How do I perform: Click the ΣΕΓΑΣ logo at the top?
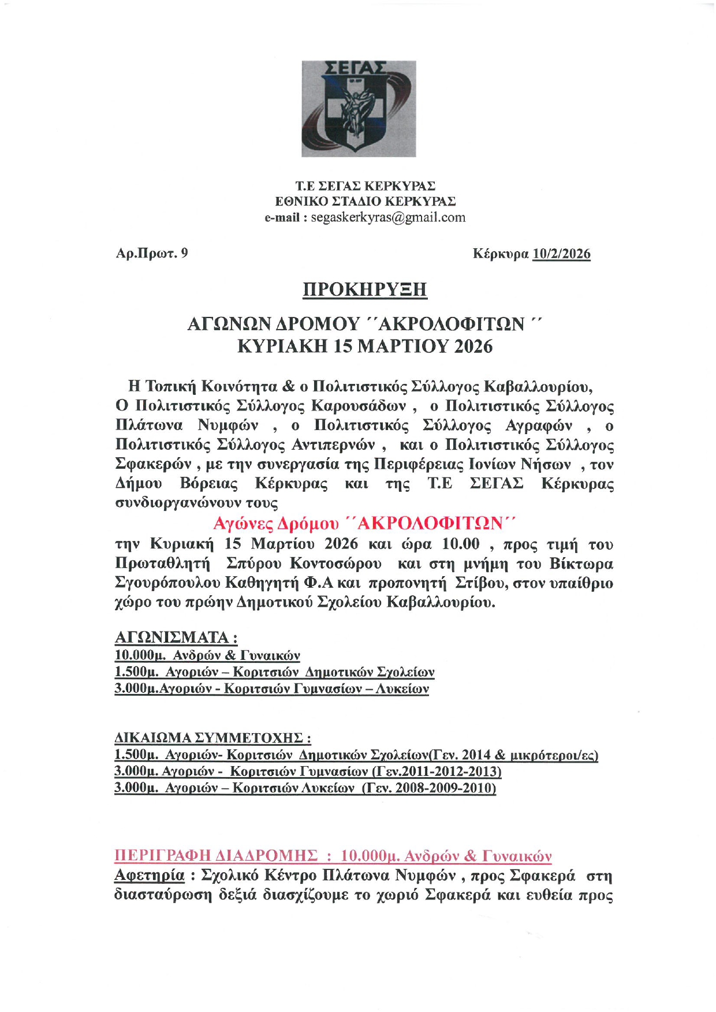coord(358,109)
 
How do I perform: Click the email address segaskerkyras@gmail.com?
coord(387,218)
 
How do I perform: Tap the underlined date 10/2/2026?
coord(561,254)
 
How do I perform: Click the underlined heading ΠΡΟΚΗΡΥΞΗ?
coord(364,289)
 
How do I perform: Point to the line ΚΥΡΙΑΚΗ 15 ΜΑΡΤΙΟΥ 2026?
coord(365,346)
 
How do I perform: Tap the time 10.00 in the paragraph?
coord(461,544)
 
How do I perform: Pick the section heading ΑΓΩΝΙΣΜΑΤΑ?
coord(176,637)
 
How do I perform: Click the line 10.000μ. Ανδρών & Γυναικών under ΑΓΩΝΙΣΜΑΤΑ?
coord(207,655)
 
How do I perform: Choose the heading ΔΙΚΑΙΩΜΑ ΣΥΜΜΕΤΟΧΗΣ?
coord(213,738)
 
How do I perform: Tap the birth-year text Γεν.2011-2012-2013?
coord(437,771)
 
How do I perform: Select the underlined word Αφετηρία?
coord(150,875)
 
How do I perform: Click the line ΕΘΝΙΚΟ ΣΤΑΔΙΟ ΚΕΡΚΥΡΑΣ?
coord(365,201)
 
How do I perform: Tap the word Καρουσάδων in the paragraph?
coord(359,406)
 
